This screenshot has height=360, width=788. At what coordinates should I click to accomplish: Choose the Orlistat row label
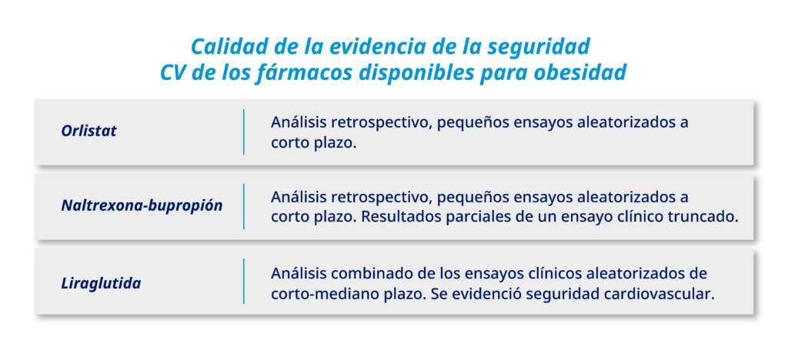(89, 132)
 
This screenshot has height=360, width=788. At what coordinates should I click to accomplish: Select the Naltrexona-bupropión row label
(142, 206)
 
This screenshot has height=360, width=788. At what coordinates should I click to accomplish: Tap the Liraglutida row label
(101, 283)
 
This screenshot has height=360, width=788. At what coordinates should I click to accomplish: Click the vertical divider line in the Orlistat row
(244, 132)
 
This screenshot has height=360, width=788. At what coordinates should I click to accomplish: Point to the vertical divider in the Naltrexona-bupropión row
(244, 206)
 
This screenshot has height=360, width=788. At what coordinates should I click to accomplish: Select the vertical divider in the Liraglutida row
(244, 282)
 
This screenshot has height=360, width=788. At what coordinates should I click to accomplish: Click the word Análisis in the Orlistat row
(299, 122)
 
